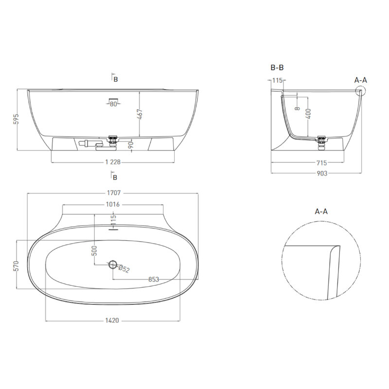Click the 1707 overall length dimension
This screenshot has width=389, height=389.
tap(114, 193)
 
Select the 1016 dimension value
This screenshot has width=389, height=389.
tap(113, 204)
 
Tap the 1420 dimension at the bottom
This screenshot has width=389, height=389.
tap(112, 320)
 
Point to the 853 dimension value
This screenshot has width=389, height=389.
tap(154, 279)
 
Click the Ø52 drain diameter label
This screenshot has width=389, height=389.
tap(124, 269)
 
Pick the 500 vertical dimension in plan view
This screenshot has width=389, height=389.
tap(94, 250)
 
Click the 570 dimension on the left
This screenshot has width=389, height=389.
tap(16, 266)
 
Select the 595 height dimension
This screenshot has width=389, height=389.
tap(16, 119)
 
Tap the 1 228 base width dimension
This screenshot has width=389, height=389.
tap(113, 162)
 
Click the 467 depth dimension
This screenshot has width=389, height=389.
tap(140, 114)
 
